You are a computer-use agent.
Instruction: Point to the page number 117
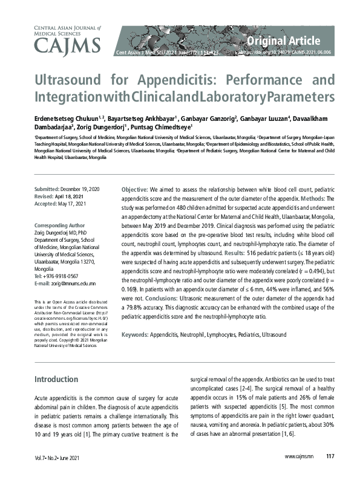pos(330,456)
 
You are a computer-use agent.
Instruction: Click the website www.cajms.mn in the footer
pos(298,456)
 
